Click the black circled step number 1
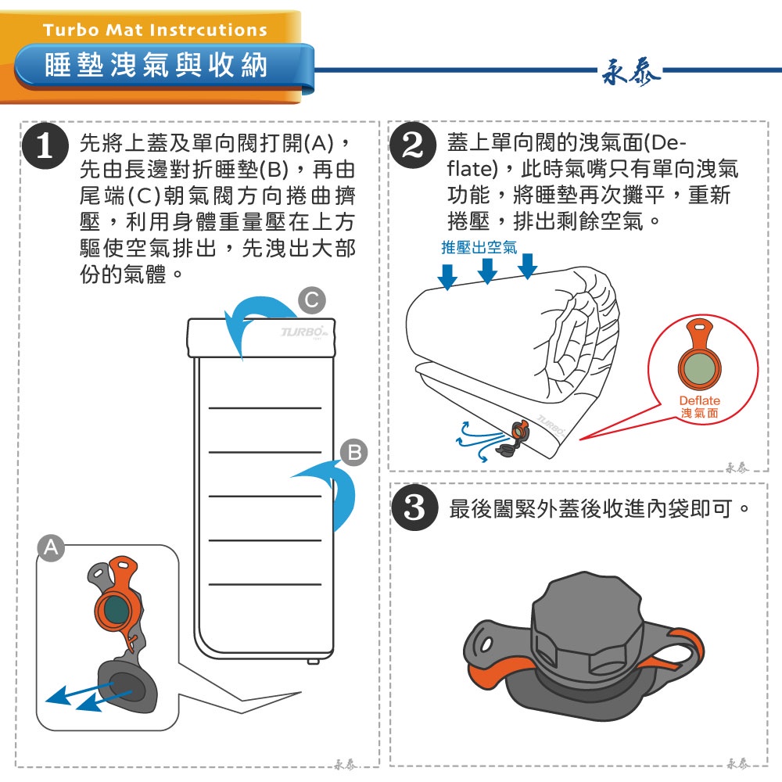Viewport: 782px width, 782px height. (x=45, y=145)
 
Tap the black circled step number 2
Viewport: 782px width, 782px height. (x=413, y=145)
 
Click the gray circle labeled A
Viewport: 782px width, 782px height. (x=52, y=547)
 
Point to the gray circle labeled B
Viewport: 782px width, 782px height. (x=354, y=452)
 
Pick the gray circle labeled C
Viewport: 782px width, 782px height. (x=312, y=300)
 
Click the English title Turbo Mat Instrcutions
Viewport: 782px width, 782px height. (x=155, y=30)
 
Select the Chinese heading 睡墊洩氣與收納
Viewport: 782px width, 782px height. (x=156, y=66)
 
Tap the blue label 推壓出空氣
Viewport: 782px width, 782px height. (x=479, y=247)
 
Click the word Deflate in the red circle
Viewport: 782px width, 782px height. (x=700, y=400)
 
